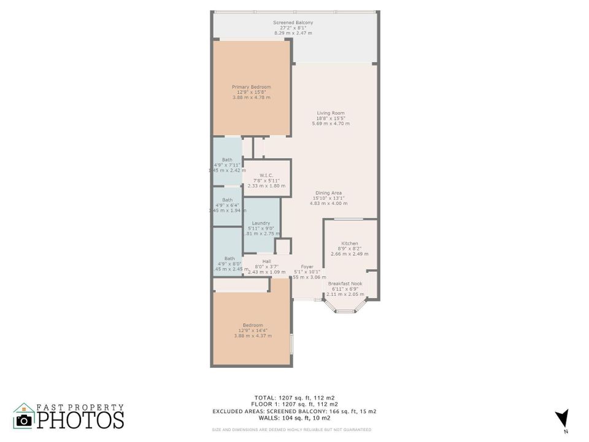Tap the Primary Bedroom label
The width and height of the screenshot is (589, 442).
point(251,87)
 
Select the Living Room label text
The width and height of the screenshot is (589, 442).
point(331,113)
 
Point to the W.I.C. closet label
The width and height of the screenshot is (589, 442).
point(266,175)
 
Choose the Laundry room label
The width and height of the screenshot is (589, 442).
point(261,223)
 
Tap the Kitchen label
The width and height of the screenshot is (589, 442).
point(350,244)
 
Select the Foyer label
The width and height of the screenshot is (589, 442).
point(307,267)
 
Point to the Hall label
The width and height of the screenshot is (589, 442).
point(266,262)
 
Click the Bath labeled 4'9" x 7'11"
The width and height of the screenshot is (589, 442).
point(227,160)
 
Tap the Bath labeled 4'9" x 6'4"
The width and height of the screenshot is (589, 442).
point(227,200)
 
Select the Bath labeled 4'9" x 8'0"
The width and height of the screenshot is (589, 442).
point(229,258)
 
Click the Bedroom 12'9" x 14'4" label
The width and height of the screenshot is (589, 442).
point(253,325)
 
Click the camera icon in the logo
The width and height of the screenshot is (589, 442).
point(24,420)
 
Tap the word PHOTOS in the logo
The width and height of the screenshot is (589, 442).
point(80,420)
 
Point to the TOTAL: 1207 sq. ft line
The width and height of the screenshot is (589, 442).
point(296,397)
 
